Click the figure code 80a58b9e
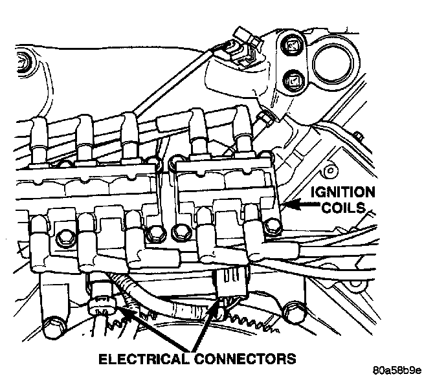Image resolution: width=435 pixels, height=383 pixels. [397, 371]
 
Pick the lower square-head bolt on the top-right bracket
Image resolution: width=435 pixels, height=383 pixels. [291, 82]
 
